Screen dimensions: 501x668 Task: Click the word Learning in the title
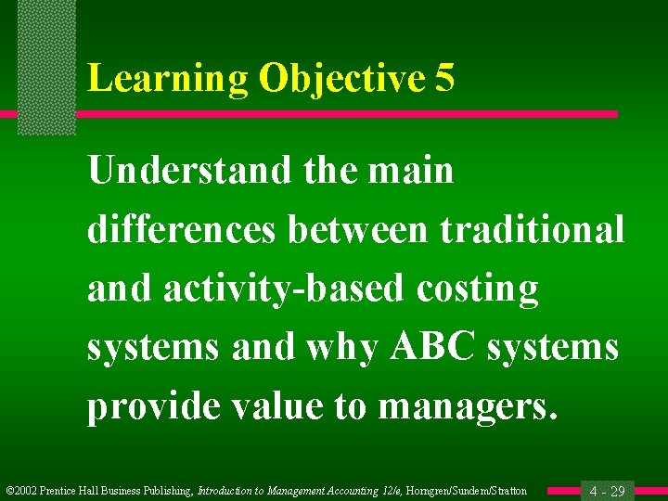167,80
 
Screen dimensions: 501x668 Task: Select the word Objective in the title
340,80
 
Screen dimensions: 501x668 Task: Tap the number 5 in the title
443,80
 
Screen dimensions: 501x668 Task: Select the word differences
181,230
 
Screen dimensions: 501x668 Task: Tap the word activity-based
284,289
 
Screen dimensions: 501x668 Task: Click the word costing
477,289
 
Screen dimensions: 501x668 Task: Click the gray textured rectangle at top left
46,65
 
